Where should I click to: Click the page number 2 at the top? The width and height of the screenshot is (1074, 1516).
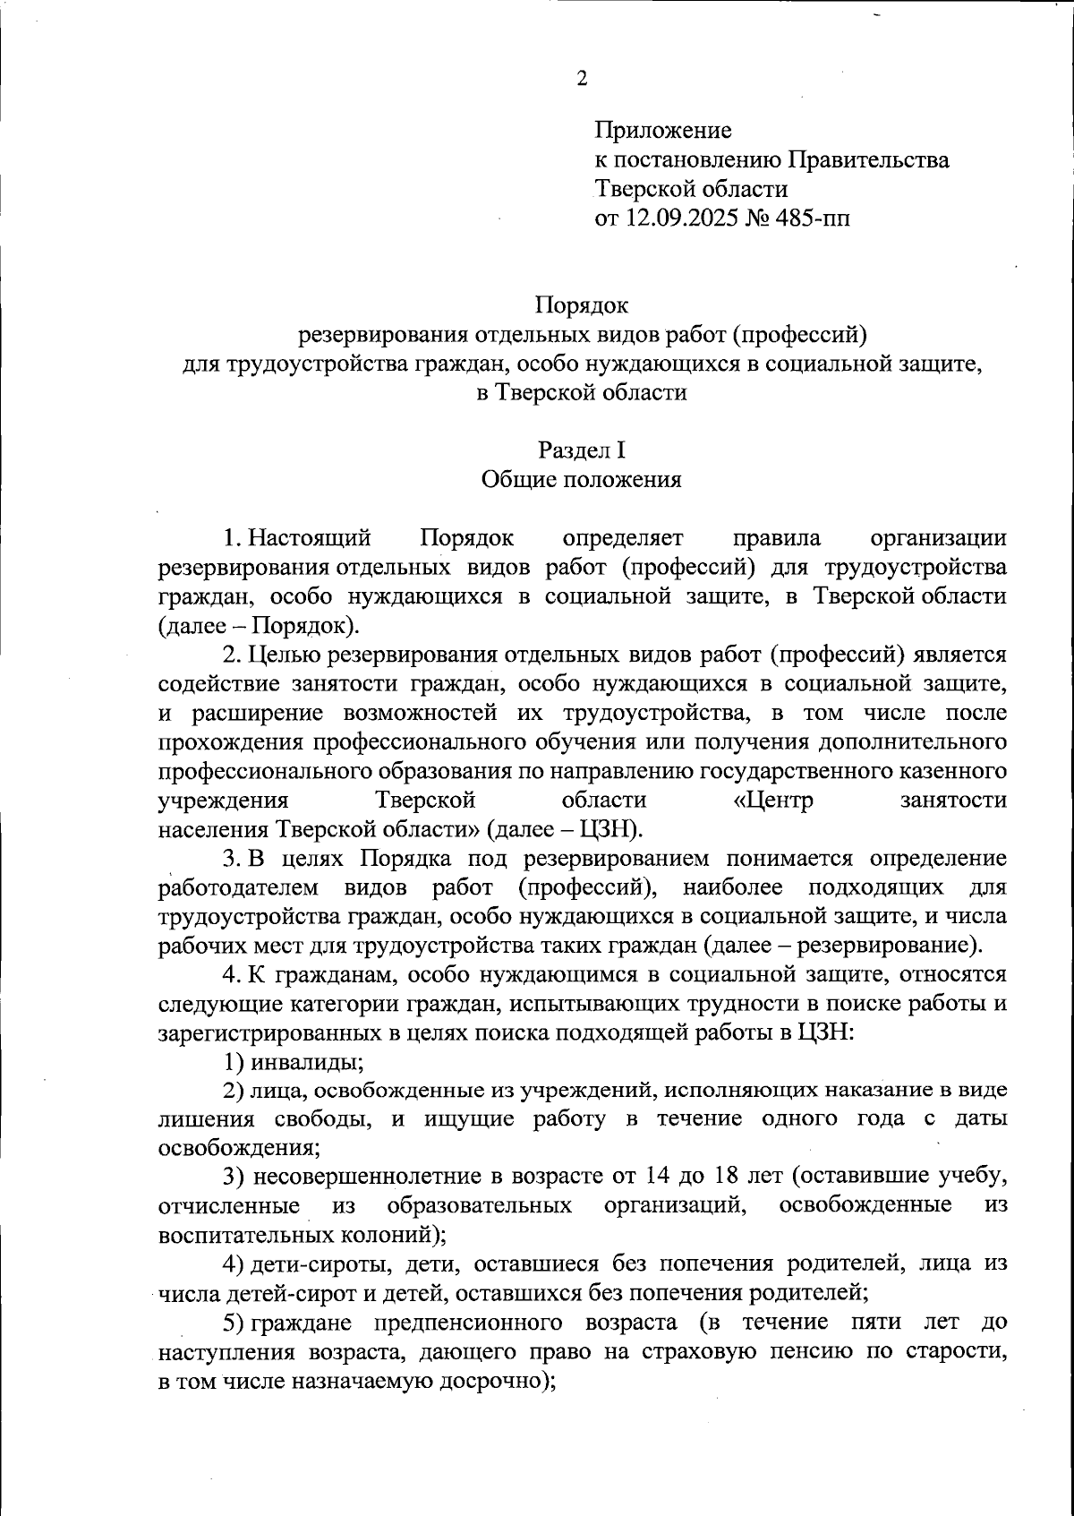click(582, 80)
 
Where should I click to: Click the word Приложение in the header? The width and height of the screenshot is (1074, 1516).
click(663, 131)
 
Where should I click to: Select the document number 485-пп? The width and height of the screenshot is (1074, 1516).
click(808, 218)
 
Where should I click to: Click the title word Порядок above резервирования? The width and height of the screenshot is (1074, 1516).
click(582, 305)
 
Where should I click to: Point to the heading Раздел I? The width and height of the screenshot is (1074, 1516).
click(582, 450)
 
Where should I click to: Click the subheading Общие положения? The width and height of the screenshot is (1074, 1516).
click(582, 480)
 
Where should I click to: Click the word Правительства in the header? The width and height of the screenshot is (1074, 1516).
click(869, 160)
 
